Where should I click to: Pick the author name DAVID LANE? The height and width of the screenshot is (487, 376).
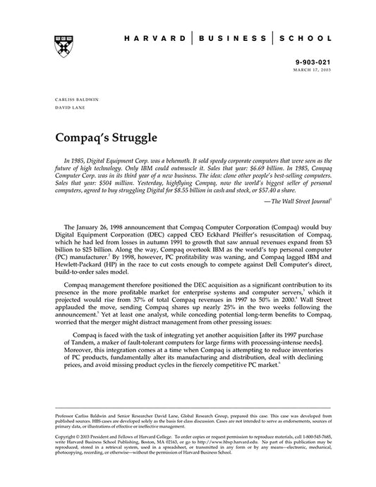(x=67, y=109)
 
